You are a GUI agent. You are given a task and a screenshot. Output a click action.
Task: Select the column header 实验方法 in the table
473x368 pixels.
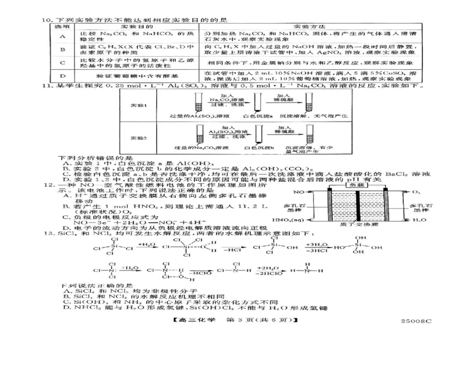pyautogui.click(x=304, y=28)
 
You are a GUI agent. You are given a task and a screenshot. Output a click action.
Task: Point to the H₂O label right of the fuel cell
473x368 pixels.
pyautogui.click(x=416, y=219)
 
